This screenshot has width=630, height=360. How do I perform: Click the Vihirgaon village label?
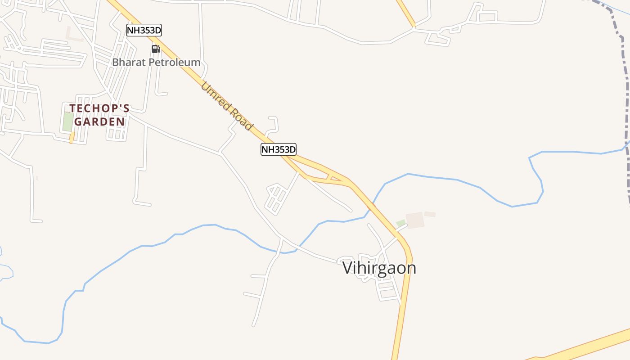click(379, 268)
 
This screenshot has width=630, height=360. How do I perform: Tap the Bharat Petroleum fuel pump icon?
click(155, 49)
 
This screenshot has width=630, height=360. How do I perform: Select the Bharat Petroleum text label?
click(156, 62)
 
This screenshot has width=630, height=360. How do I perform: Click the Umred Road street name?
click(227, 106)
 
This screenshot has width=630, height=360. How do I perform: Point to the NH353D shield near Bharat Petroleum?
click(144, 31)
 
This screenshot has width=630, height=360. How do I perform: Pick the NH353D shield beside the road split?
click(279, 149)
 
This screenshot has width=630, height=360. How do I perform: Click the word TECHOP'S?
click(99, 108)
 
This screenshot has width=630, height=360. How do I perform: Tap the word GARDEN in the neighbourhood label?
click(99, 121)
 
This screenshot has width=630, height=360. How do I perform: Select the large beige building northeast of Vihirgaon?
click(415, 220)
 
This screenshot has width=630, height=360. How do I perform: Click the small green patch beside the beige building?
click(400, 223)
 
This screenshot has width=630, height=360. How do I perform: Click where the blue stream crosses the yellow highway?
click(371, 208)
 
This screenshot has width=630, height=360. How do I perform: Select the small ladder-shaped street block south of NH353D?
click(276, 198)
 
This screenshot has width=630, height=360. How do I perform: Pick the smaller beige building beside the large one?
click(430, 214)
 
